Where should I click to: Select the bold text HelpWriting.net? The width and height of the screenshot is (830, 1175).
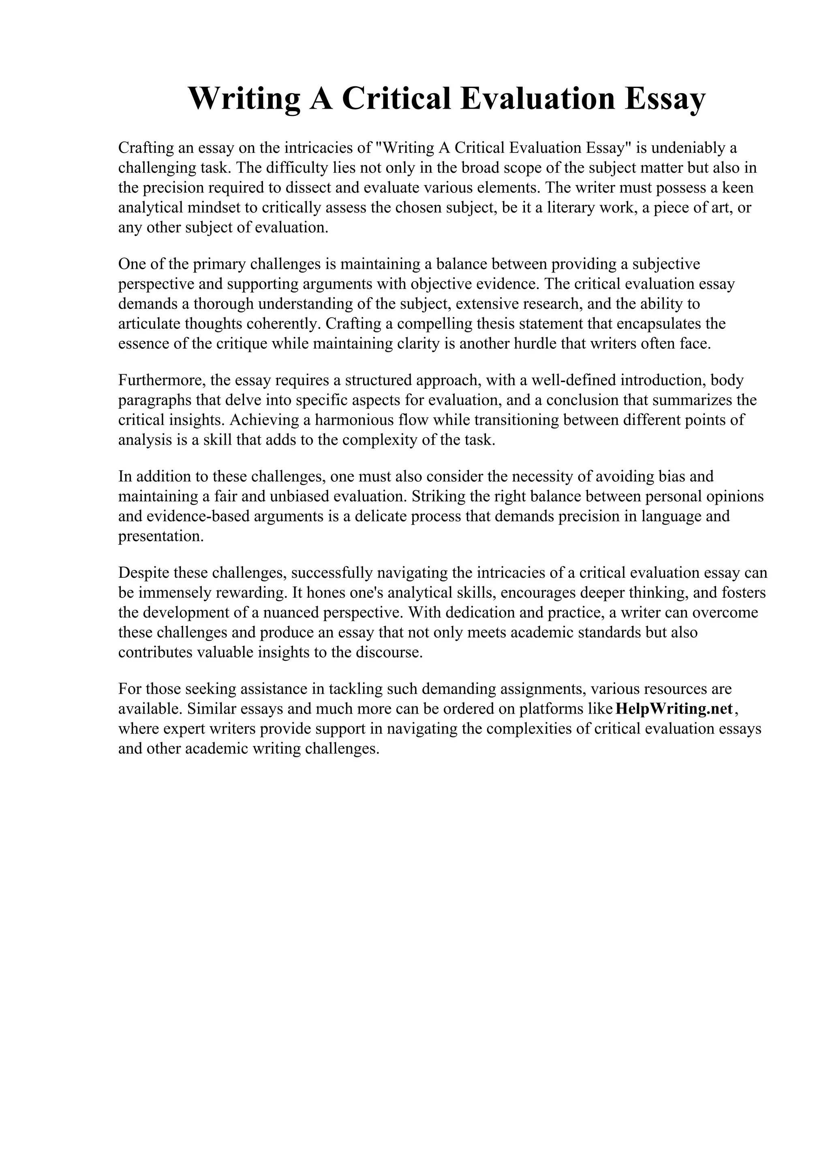point(674,709)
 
